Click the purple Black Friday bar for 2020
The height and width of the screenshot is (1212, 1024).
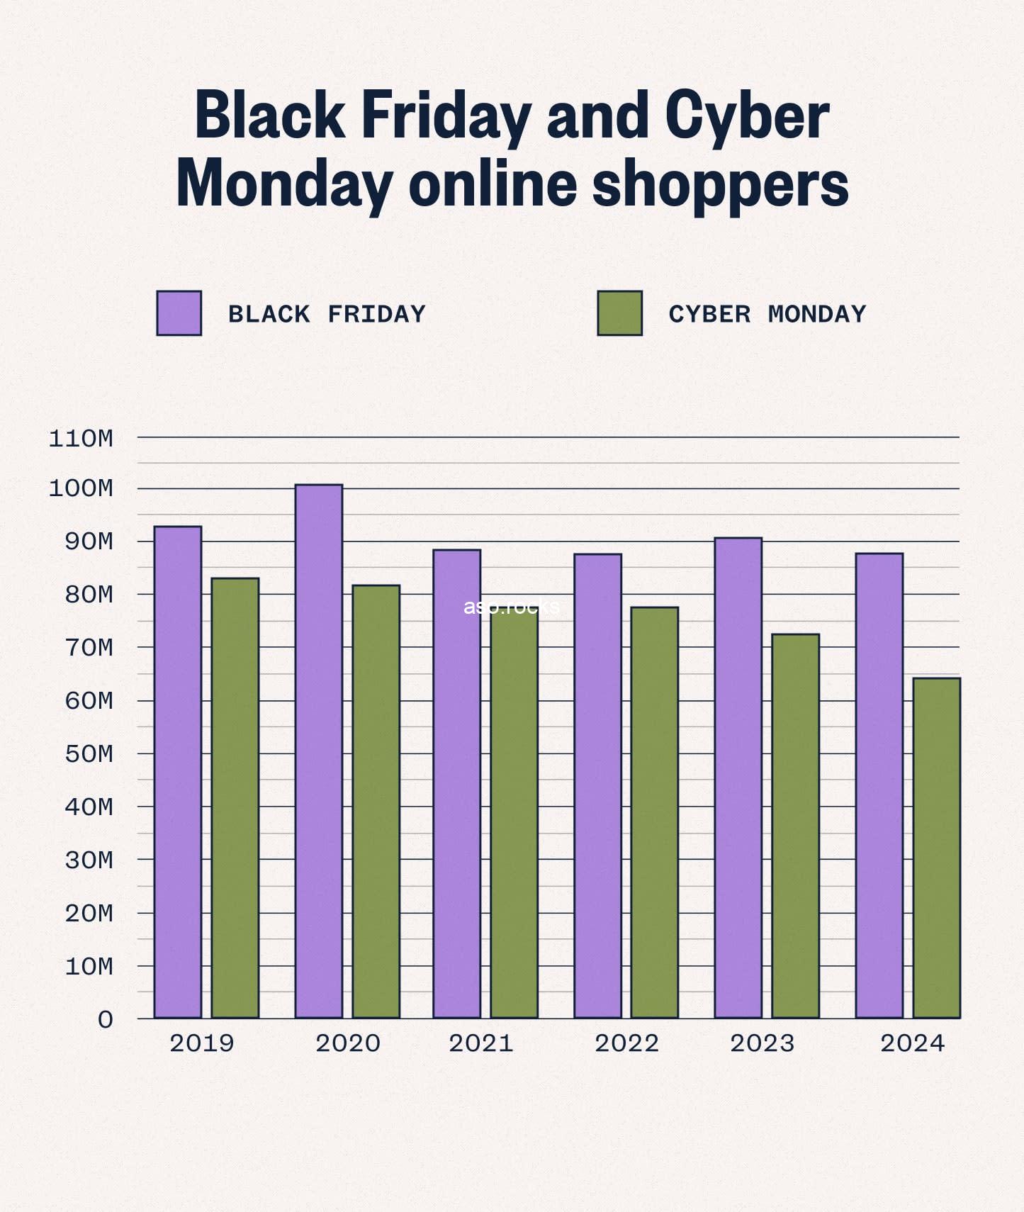[x=319, y=751]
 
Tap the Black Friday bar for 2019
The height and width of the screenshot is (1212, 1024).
[x=178, y=772]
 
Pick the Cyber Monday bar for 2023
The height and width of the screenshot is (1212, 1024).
[x=795, y=826]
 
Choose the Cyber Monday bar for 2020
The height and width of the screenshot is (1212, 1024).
[x=376, y=801]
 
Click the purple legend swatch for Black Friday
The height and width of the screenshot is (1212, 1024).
[x=179, y=313]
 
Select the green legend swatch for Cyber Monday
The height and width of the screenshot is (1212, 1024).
[x=619, y=313]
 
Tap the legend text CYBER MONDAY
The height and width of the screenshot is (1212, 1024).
[x=767, y=314]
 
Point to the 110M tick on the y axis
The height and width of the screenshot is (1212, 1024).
[x=81, y=439]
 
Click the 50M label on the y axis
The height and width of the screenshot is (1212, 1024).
[x=89, y=754]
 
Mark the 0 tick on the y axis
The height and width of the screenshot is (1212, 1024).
[x=106, y=1020]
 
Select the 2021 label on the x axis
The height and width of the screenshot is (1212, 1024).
[x=480, y=1043]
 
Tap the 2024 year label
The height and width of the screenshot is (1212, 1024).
[x=912, y=1043]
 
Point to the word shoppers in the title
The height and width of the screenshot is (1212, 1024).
[x=720, y=184]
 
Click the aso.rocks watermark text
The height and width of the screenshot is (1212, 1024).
[x=511, y=607]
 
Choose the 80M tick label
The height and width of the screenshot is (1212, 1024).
[x=89, y=595]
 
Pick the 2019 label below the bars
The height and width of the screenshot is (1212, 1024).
[x=202, y=1043]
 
